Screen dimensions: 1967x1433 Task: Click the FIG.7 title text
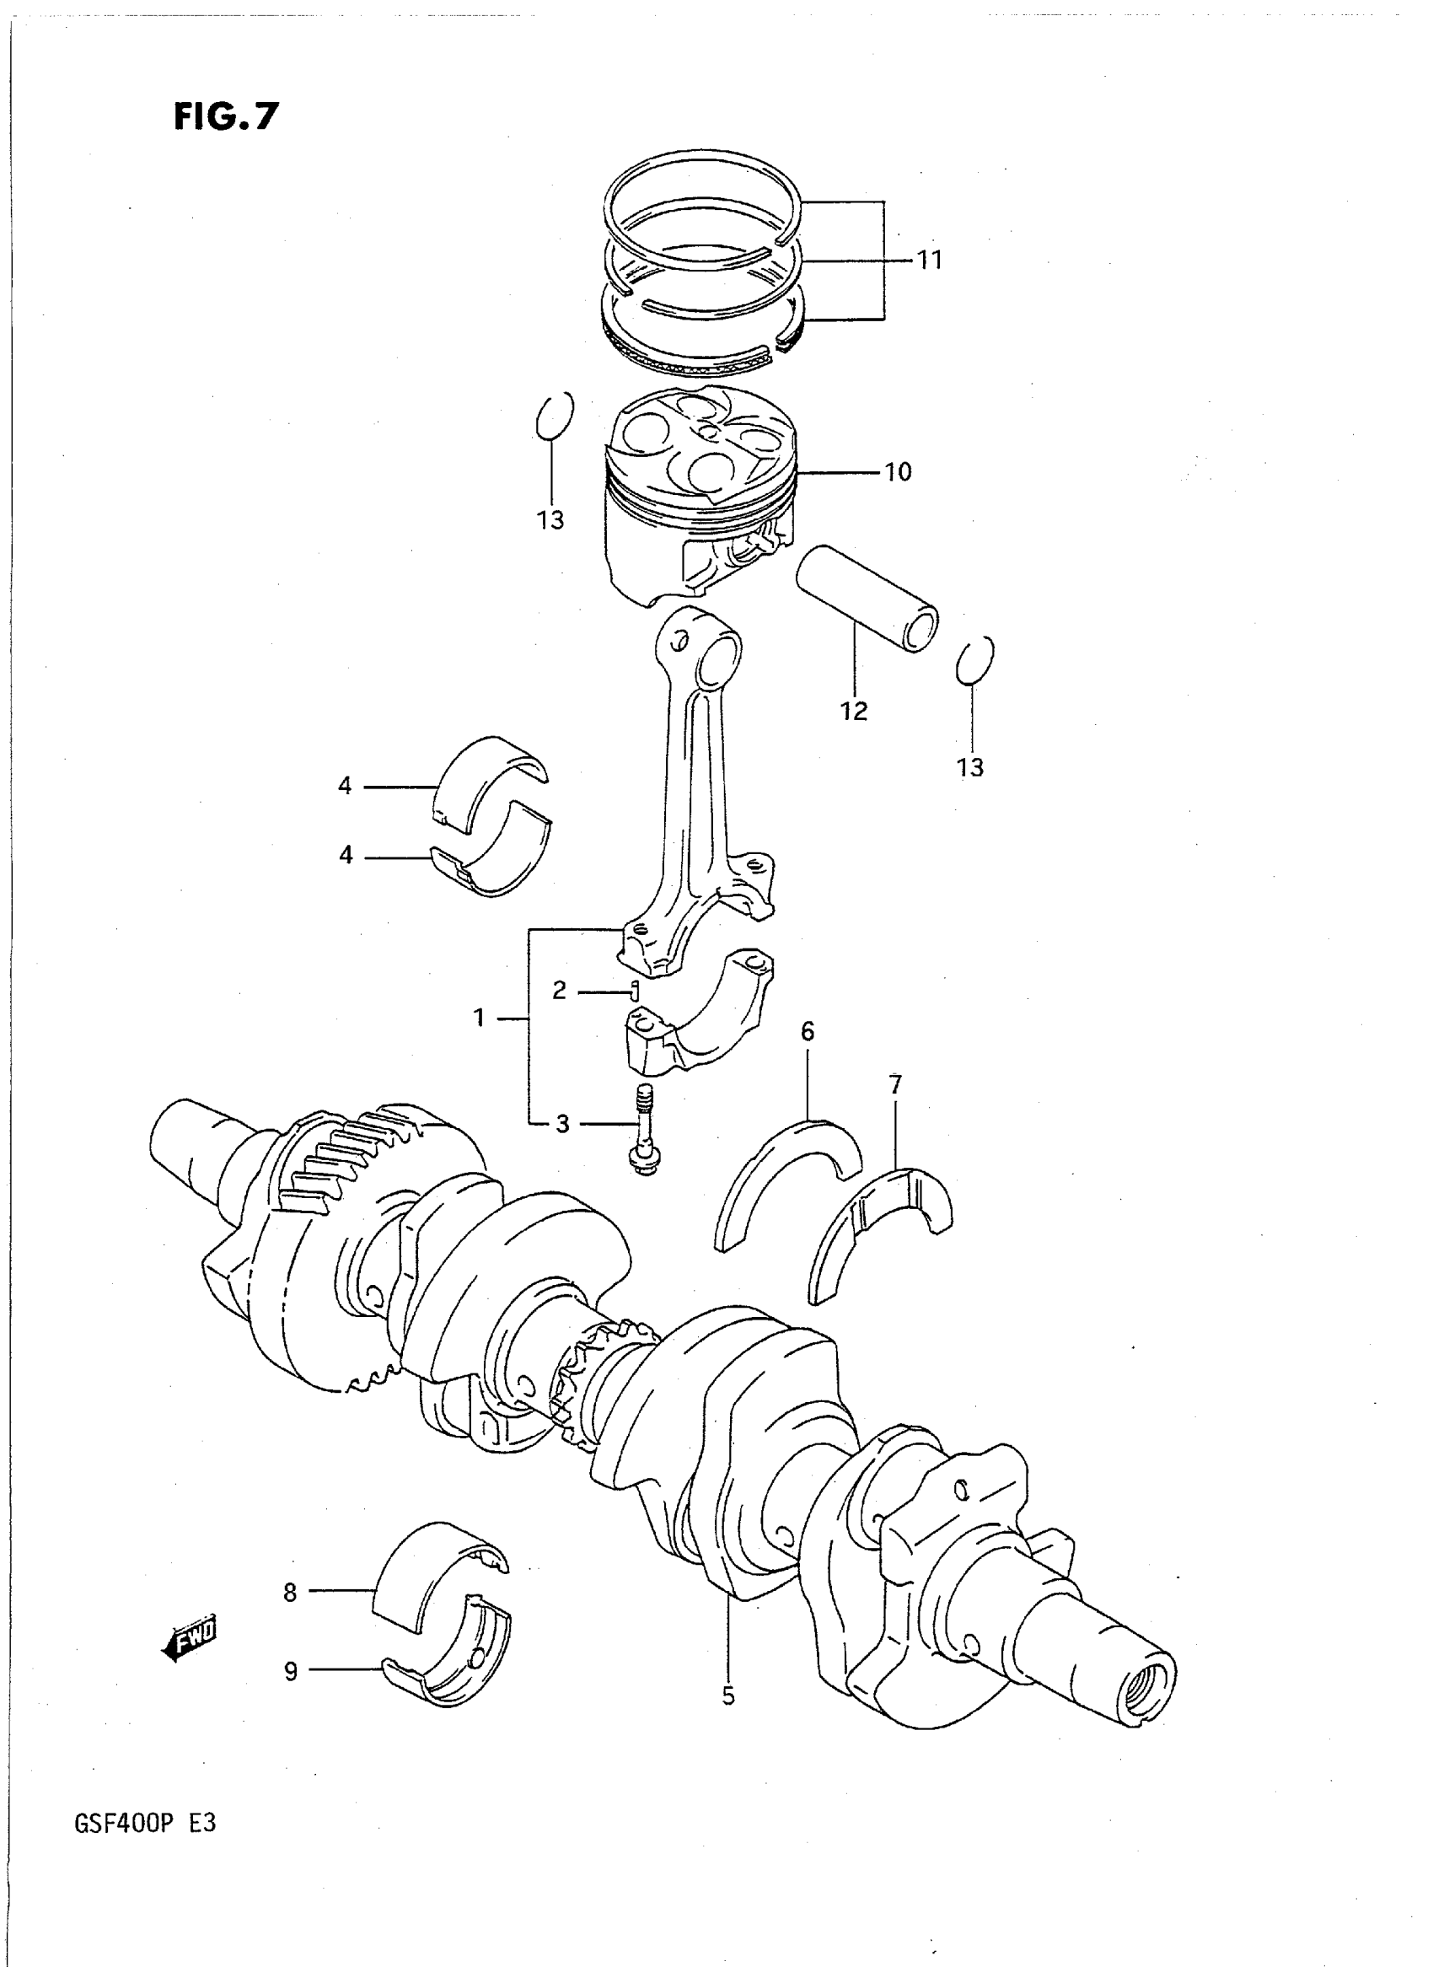pyautogui.click(x=227, y=116)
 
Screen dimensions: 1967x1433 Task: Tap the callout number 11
pyautogui.click(x=930, y=260)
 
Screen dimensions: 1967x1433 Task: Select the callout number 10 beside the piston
pyautogui.click(x=898, y=472)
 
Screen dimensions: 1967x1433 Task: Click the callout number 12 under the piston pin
pyautogui.click(x=854, y=712)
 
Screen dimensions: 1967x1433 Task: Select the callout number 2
pyautogui.click(x=560, y=990)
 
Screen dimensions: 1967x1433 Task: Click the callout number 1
pyautogui.click(x=479, y=1017)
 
